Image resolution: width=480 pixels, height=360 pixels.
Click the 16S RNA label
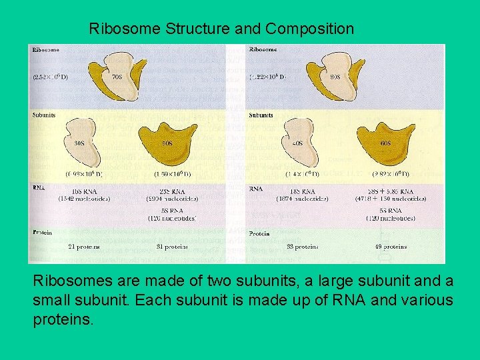pyautogui.click(x=83, y=191)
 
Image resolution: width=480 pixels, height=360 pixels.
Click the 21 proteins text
pyautogui.click(x=84, y=247)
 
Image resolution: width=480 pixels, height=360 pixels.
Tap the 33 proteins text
pyautogui.click(x=302, y=247)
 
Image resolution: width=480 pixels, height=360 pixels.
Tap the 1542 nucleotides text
pyautogui.click(x=84, y=199)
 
